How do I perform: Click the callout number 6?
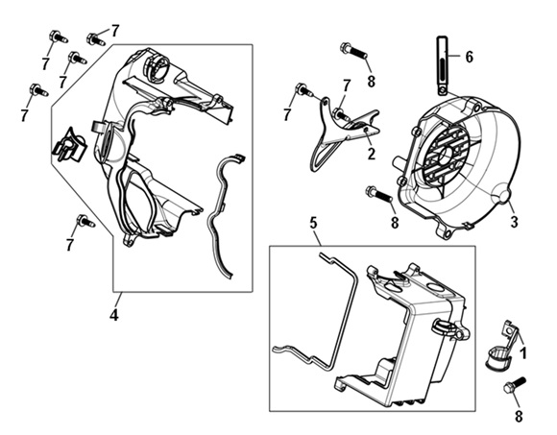click(469, 57)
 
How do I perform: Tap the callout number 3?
click(514, 222)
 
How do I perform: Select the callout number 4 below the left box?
click(113, 315)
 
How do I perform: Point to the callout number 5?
click(313, 223)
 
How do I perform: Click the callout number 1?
click(522, 353)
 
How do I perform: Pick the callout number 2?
click(372, 154)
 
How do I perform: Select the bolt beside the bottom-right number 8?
click(515, 385)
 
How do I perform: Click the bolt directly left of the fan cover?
click(378, 193)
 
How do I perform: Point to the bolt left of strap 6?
click(353, 51)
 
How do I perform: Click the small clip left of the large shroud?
click(69, 146)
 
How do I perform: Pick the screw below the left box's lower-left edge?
click(85, 221)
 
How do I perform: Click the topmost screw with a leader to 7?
click(95, 38)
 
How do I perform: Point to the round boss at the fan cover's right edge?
click(504, 196)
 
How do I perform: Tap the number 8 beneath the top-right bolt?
click(372, 81)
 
